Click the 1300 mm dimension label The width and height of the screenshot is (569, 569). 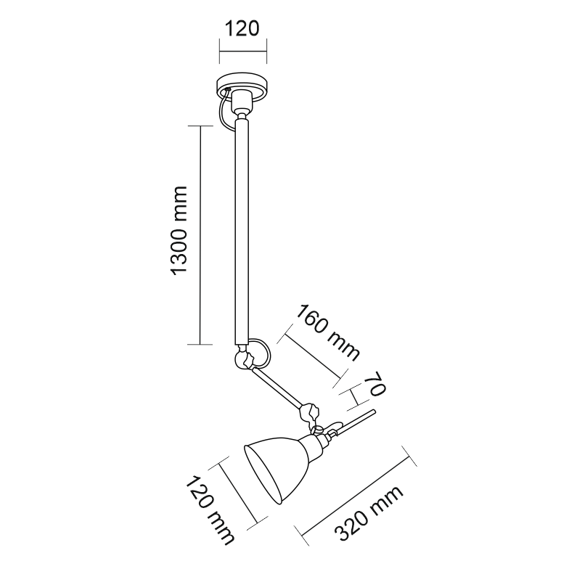click(179, 231)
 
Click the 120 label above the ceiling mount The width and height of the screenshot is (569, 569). click(242, 28)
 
